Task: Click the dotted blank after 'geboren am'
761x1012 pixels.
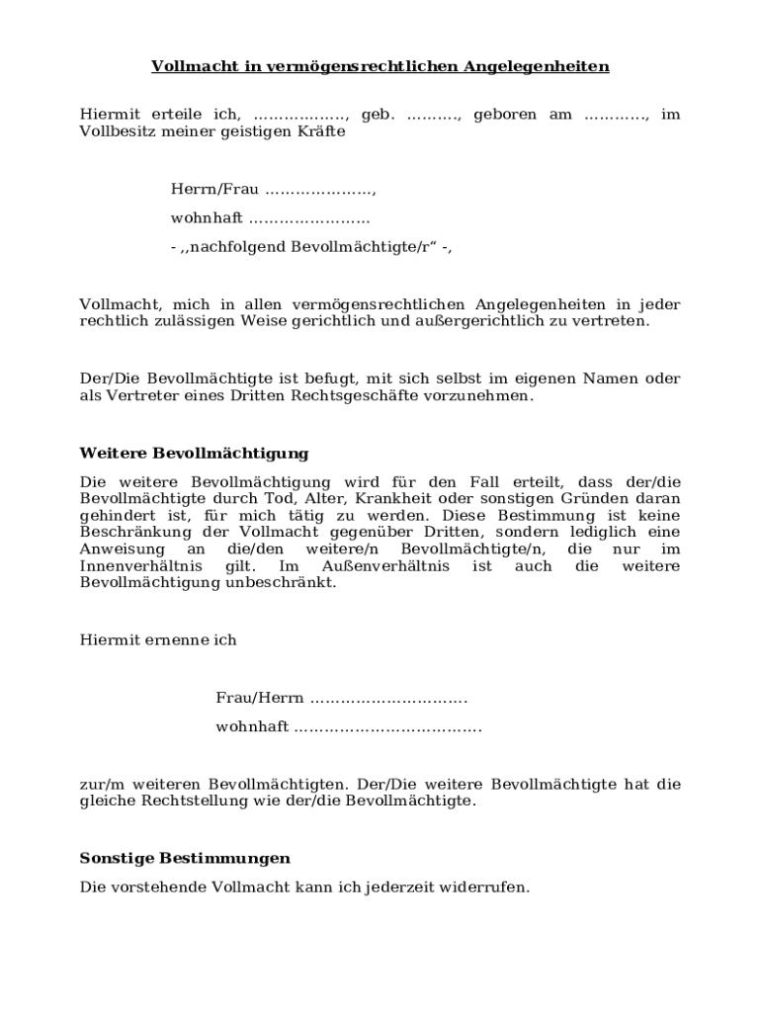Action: (617, 115)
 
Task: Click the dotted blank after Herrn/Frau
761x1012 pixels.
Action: (321, 189)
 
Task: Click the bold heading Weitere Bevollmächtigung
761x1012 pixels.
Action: (194, 454)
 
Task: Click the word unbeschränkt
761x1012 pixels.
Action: (293, 582)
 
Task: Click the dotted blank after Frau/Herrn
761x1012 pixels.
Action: (388, 699)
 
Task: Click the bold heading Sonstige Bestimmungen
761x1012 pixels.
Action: (185, 859)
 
